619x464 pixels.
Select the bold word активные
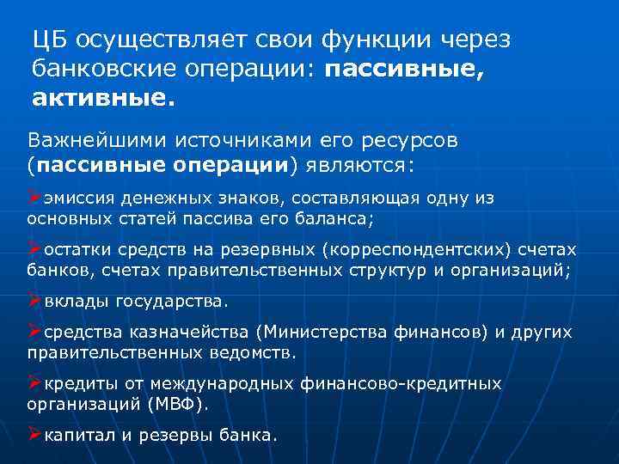(x=102, y=100)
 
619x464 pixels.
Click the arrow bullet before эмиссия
(x=34, y=198)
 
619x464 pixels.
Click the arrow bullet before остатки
(x=34, y=249)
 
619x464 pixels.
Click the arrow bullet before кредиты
(x=34, y=383)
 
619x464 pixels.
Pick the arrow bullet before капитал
(x=34, y=435)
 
